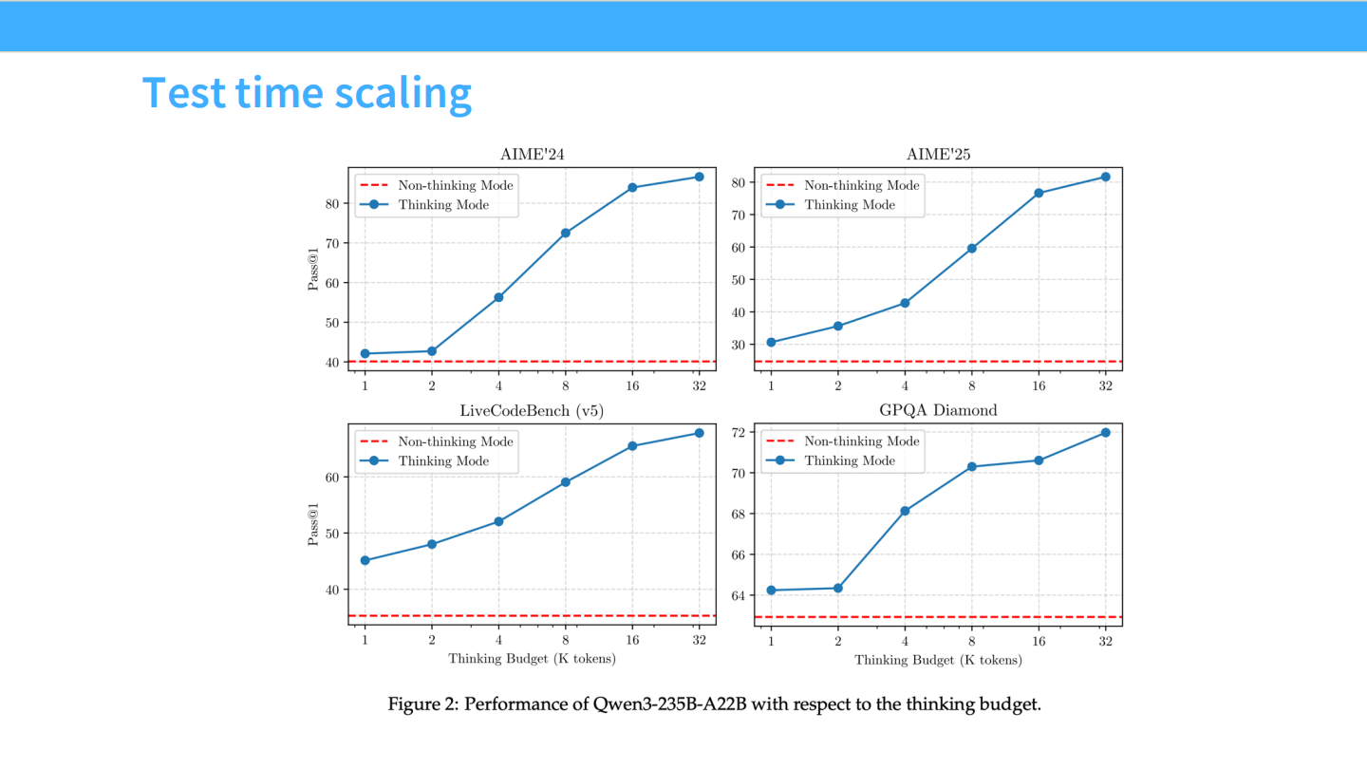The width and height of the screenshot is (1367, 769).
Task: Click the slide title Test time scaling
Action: coord(307,92)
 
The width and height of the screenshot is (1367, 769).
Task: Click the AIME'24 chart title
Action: coord(533,155)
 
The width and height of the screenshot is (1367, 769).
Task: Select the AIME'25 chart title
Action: coord(938,155)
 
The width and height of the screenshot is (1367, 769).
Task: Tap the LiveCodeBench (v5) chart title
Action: coord(532,411)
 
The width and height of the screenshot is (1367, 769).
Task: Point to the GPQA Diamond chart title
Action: coord(938,411)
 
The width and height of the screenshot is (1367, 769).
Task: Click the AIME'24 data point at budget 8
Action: coord(566,233)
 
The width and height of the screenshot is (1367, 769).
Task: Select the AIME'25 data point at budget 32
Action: coord(1105,177)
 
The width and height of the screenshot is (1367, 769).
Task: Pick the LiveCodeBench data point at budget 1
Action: coord(365,560)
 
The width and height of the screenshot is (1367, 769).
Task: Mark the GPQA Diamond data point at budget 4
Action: coord(905,511)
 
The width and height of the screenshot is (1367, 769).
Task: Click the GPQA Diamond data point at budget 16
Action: coord(1039,460)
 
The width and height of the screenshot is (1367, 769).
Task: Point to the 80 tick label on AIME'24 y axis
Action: coord(334,203)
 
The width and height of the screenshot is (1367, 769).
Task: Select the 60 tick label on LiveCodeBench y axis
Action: coord(334,477)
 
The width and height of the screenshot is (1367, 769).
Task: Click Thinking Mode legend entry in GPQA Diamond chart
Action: coord(850,460)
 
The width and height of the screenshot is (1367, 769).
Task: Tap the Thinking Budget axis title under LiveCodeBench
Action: coord(532,659)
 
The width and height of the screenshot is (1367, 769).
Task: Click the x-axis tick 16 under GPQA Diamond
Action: coord(1039,641)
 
